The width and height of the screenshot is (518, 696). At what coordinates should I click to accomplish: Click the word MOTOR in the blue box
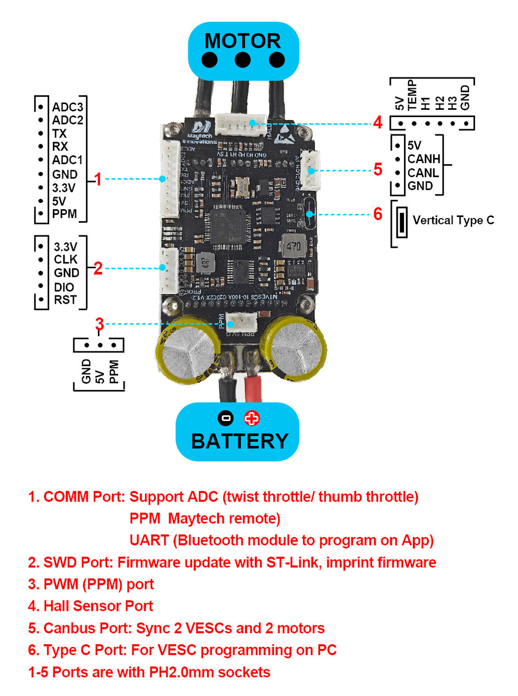tap(242, 41)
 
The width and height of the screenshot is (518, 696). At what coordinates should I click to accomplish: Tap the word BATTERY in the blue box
tap(240, 441)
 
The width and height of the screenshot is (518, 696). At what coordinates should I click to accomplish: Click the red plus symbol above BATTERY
tap(252, 418)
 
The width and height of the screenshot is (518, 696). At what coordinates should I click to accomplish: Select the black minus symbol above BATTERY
tap(226, 418)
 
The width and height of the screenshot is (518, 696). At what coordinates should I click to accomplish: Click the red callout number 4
tap(378, 123)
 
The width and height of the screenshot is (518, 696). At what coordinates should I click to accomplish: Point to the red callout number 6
tap(378, 214)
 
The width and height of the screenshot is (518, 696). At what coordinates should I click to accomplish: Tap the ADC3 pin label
tap(67, 107)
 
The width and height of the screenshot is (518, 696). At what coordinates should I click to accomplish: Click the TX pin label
tap(59, 134)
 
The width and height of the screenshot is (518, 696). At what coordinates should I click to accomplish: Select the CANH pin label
tap(424, 159)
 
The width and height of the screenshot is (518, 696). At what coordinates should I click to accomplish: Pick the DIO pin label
tap(64, 287)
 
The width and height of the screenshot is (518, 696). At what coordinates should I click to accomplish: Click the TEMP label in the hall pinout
tap(412, 95)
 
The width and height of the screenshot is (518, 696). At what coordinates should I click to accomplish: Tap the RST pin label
tap(65, 300)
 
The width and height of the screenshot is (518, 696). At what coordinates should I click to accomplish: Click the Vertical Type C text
tap(453, 220)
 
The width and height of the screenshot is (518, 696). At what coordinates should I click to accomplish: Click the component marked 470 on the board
tap(294, 246)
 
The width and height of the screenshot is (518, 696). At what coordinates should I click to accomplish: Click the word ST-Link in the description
tap(294, 563)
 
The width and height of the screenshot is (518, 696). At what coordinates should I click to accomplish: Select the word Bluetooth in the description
tap(211, 541)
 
